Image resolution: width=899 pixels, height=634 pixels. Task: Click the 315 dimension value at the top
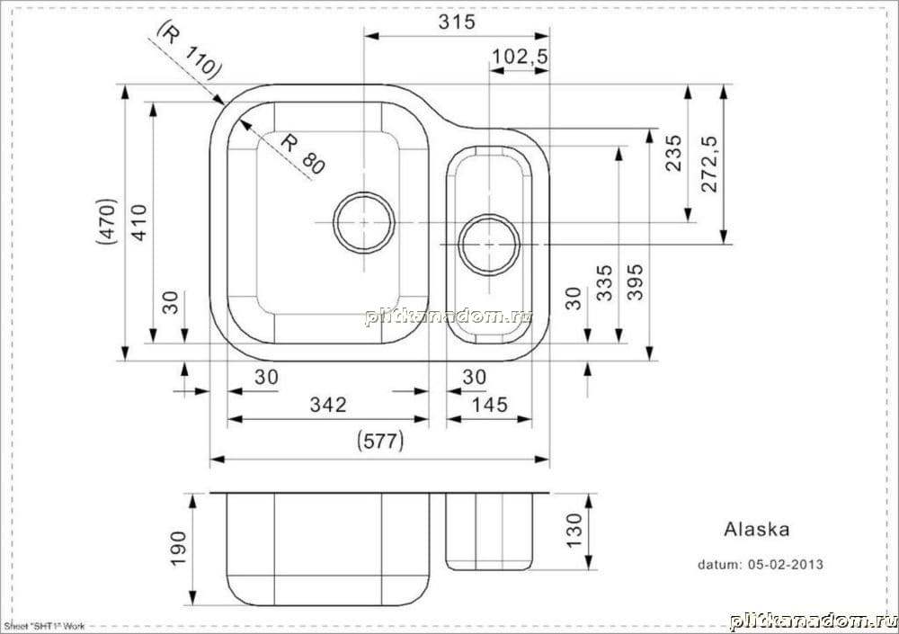[x=457, y=22]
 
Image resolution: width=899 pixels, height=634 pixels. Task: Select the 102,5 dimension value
[x=520, y=57]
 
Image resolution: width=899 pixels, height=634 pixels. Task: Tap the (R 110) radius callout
[x=189, y=49]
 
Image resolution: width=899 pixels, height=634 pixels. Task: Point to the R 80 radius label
[x=302, y=154]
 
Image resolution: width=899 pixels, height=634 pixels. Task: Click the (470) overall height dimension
[x=107, y=221]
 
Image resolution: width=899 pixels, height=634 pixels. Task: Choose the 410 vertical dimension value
[x=139, y=223]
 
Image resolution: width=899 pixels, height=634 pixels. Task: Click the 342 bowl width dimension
[x=328, y=405]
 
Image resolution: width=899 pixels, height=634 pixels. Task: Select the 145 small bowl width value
[x=489, y=405]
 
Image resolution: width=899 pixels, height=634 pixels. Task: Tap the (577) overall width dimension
[x=380, y=442]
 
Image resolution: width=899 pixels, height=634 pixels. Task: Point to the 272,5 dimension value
[x=710, y=164]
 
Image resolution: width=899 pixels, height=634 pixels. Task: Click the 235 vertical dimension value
[x=674, y=153]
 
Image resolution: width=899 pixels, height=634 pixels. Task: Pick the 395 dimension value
[x=636, y=281]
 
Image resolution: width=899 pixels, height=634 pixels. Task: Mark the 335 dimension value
[x=604, y=282]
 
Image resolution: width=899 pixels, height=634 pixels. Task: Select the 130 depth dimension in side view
[x=574, y=531]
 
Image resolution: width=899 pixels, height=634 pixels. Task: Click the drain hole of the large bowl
[x=364, y=222]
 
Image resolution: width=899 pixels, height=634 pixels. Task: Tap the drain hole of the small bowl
[x=489, y=245]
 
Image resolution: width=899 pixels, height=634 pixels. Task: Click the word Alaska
[x=757, y=529]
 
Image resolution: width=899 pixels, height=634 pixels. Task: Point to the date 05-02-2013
[x=786, y=565]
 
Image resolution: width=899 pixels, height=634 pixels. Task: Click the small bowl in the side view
[x=489, y=531]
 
